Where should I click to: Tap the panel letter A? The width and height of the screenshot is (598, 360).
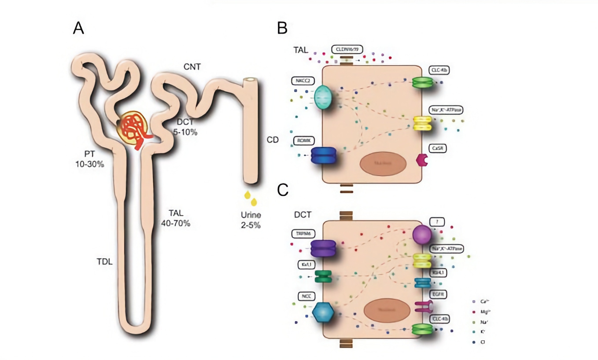click(79, 28)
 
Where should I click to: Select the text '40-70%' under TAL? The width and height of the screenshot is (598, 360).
click(175, 223)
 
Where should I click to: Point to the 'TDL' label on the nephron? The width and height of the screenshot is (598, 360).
click(104, 261)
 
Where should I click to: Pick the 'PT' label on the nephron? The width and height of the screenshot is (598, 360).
click(89, 154)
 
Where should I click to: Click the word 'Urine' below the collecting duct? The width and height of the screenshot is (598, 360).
click(251, 215)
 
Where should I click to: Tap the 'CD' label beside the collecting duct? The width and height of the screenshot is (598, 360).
click(273, 140)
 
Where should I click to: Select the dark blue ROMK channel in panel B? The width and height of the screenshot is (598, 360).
click(323, 155)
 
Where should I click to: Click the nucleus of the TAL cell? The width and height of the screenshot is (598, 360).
click(382, 163)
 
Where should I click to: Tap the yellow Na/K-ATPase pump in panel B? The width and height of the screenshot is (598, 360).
click(422, 123)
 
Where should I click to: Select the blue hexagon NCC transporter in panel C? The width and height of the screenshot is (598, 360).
click(323, 312)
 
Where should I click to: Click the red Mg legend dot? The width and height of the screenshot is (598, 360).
click(474, 311)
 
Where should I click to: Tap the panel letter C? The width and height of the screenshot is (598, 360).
click(282, 190)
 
